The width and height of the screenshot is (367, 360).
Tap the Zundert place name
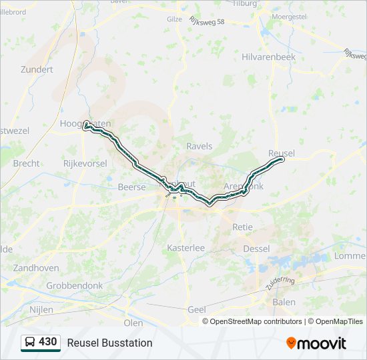pyautogui.click(x=36, y=69)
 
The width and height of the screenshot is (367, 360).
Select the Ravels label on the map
pyautogui.click(x=199, y=146)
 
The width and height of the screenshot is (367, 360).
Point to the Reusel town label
pyautogui.click(x=281, y=153)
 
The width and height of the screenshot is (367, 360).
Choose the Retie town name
pyautogui.click(x=242, y=227)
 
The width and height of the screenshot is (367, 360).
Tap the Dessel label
pyautogui.click(x=256, y=249)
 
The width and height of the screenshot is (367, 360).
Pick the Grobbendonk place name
pyautogui.click(x=74, y=285)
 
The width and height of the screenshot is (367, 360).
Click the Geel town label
pyautogui.click(x=197, y=309)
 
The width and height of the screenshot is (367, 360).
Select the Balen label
pyautogui.click(x=284, y=302)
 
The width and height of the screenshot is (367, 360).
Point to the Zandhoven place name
pyautogui.click(x=35, y=267)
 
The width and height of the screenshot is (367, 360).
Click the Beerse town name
pyautogui.click(x=131, y=187)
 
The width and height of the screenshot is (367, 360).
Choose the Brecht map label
pyautogui.click(x=26, y=163)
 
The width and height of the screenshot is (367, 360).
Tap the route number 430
pyautogui.click(x=47, y=342)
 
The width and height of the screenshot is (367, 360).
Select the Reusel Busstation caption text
pyautogui.click(x=109, y=343)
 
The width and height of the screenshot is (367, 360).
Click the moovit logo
pyautogui.click(x=316, y=343)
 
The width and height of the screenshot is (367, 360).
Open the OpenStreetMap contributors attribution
pyautogui.click(x=256, y=321)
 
